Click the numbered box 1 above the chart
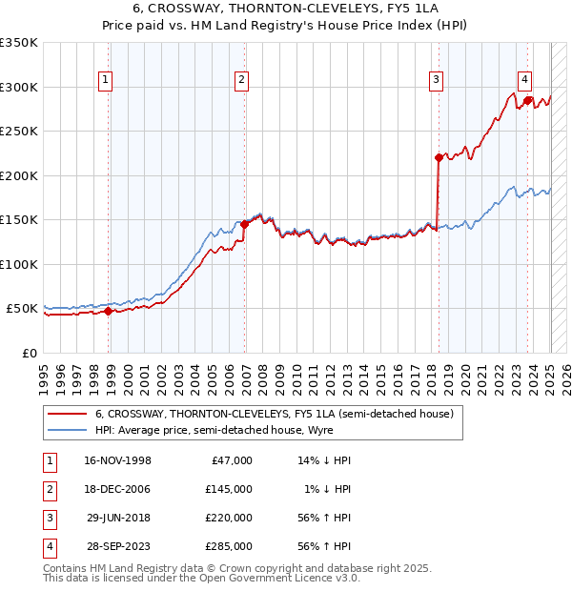click(x=104, y=80)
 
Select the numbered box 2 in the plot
click(x=242, y=80)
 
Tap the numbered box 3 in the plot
click(x=435, y=80)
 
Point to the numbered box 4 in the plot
click(x=524, y=80)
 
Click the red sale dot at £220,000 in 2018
click(x=439, y=157)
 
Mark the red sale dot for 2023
click(x=527, y=99)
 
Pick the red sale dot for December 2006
click(x=245, y=224)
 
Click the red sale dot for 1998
click(x=109, y=311)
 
